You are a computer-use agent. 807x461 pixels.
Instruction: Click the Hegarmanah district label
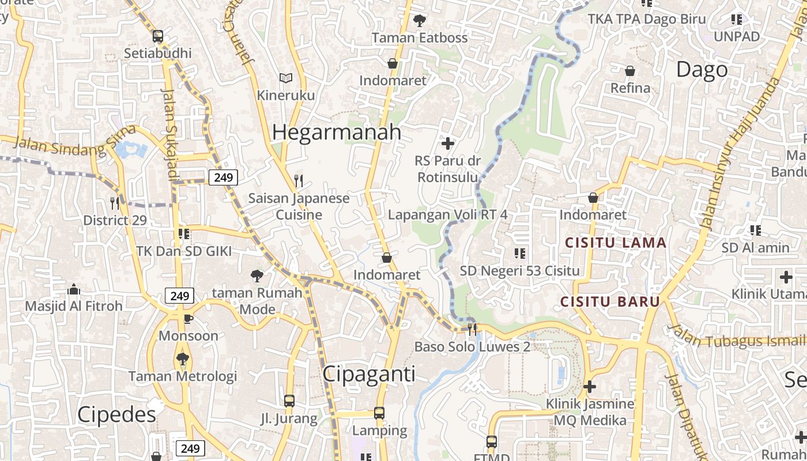(x=337, y=132)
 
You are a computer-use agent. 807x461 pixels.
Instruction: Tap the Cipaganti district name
(x=369, y=373)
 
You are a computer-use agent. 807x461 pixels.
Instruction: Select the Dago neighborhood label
(x=702, y=70)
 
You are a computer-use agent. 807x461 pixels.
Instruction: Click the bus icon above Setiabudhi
(x=158, y=36)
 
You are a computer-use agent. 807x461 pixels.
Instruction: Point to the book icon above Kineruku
(x=286, y=78)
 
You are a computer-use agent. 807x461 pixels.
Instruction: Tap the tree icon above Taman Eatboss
(x=419, y=20)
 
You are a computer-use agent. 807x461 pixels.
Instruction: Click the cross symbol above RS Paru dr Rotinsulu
(x=447, y=142)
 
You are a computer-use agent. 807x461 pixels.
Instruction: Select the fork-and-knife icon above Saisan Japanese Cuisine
(x=299, y=181)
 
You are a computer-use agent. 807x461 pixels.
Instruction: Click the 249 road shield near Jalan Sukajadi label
(x=223, y=177)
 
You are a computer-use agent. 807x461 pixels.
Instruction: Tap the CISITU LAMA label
(x=616, y=243)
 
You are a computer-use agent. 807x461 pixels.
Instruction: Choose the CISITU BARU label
(x=610, y=301)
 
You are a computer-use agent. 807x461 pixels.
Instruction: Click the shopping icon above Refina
(x=630, y=71)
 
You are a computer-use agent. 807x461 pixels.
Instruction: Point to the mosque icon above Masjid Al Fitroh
(x=74, y=289)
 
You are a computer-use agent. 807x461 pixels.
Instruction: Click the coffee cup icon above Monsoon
(x=188, y=319)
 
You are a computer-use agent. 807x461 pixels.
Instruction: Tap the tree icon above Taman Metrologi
(x=183, y=359)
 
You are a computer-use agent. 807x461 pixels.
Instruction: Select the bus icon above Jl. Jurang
(x=289, y=400)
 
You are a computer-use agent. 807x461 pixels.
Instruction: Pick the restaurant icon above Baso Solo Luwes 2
(x=472, y=329)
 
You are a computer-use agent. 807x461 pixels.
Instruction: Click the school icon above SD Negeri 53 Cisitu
(x=519, y=253)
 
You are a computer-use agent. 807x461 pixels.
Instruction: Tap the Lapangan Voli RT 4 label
(x=448, y=214)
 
